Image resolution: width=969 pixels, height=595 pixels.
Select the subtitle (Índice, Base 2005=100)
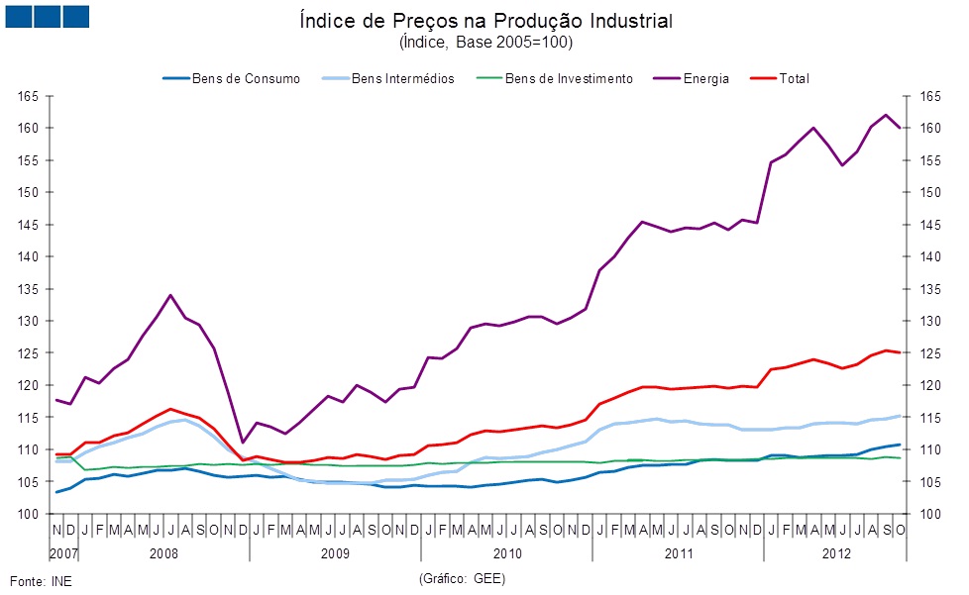pos(484,43)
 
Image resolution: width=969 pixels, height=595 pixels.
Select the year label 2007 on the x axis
pos(63,551)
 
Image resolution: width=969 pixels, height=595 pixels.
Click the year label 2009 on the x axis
pos(335,551)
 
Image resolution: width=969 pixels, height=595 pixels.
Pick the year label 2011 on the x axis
pos(679,551)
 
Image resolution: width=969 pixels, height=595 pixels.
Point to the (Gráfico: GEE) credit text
pos(462,577)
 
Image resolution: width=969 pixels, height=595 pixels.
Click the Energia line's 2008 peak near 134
pos(170,295)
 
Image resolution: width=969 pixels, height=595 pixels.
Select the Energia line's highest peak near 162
pos(886,115)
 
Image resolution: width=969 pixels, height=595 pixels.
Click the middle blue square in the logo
pos(47,16)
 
